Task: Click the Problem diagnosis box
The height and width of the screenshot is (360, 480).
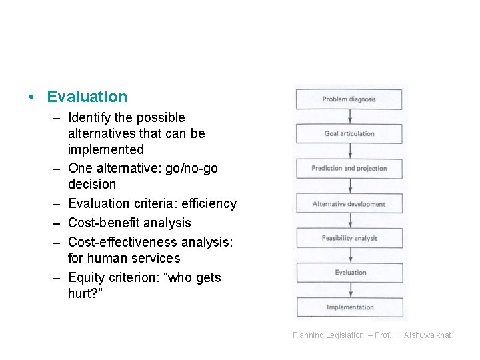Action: (349, 99)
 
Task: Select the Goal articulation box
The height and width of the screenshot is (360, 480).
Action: (349, 134)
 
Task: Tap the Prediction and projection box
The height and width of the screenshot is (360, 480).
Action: (349, 169)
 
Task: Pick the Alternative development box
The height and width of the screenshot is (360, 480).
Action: (349, 204)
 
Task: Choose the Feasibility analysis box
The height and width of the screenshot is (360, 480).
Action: (349, 239)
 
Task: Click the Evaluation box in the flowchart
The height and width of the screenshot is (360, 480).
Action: (349, 273)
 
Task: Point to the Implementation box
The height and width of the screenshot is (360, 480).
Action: (349, 307)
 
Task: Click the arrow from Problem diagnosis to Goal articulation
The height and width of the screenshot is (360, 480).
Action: (349, 117)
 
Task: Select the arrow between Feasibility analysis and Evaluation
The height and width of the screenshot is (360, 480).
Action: (349, 255)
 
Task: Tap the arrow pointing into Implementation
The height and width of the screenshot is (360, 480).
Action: (349, 290)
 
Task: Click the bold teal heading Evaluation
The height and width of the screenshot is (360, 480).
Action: (87, 97)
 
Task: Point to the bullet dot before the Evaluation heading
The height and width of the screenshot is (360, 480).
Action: (31, 97)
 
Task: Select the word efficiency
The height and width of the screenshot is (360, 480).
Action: (207, 203)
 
